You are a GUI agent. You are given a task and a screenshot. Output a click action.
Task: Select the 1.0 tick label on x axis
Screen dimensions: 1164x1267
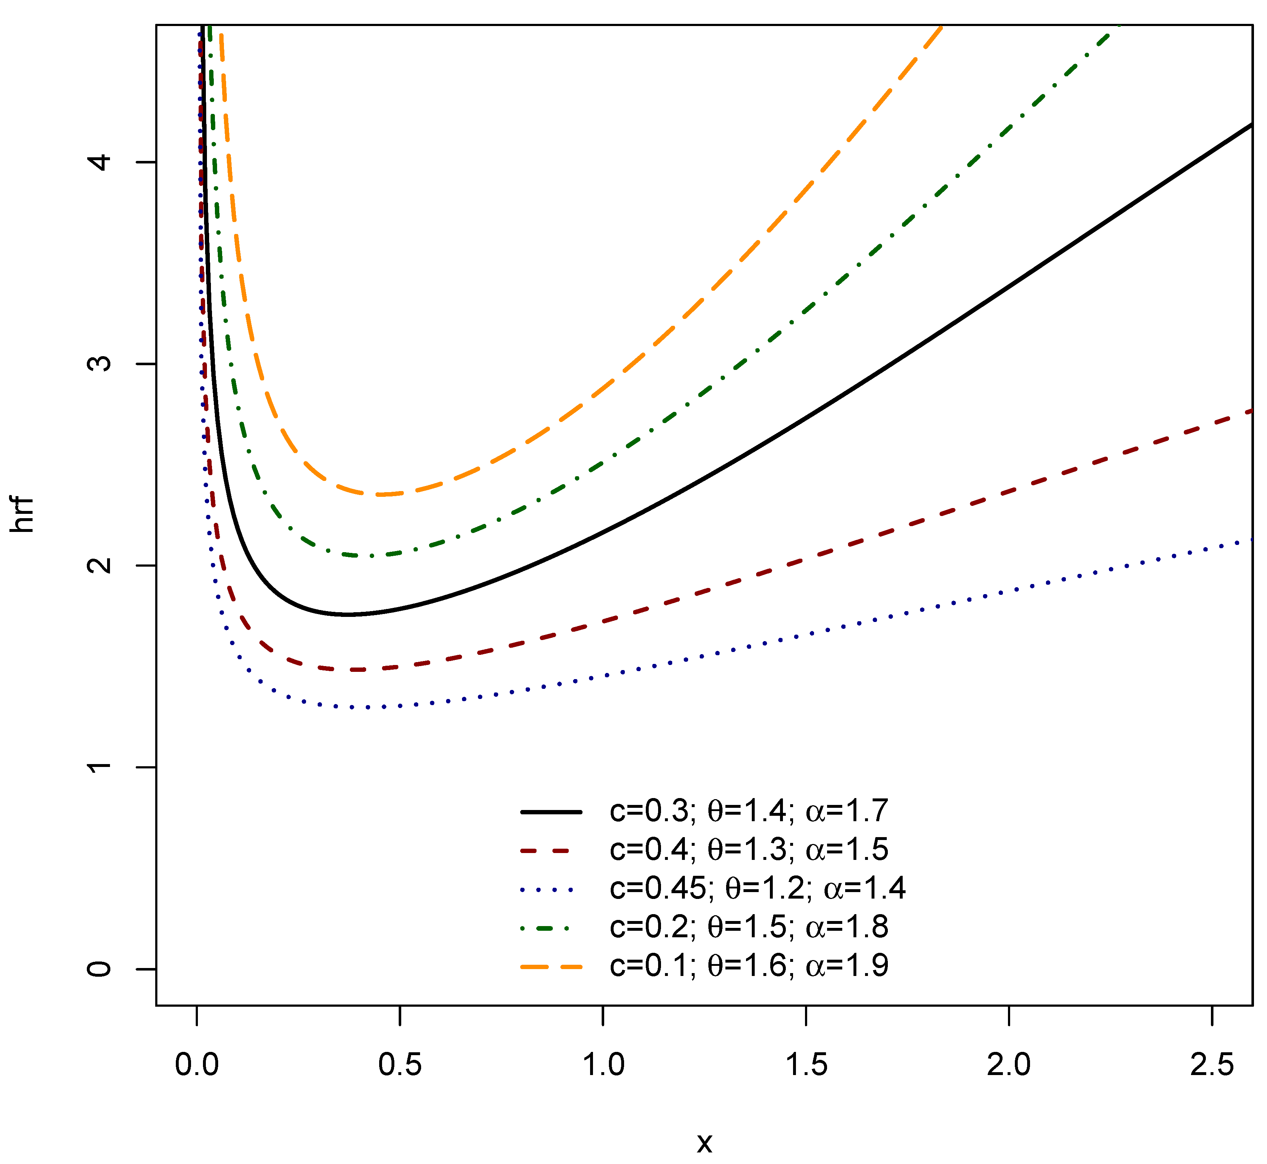pyautogui.click(x=603, y=1065)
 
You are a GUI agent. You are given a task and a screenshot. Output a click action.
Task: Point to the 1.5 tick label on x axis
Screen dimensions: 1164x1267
pyautogui.click(x=806, y=1065)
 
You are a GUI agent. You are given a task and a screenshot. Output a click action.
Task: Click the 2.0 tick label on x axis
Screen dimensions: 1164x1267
pyautogui.click(x=1009, y=1065)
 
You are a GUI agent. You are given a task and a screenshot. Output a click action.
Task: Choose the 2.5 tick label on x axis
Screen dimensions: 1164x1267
pyautogui.click(x=1212, y=1065)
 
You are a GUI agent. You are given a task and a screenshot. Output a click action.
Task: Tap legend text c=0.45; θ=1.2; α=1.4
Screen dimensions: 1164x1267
pyautogui.click(x=757, y=888)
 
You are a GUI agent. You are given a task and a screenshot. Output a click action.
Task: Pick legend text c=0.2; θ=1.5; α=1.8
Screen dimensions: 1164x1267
pyautogui.click(x=749, y=926)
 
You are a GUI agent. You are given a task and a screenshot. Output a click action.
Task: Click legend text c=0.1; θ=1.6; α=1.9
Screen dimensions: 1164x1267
pyautogui.click(x=749, y=965)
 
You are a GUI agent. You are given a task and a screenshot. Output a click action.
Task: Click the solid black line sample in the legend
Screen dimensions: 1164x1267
pyautogui.click(x=551, y=812)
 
